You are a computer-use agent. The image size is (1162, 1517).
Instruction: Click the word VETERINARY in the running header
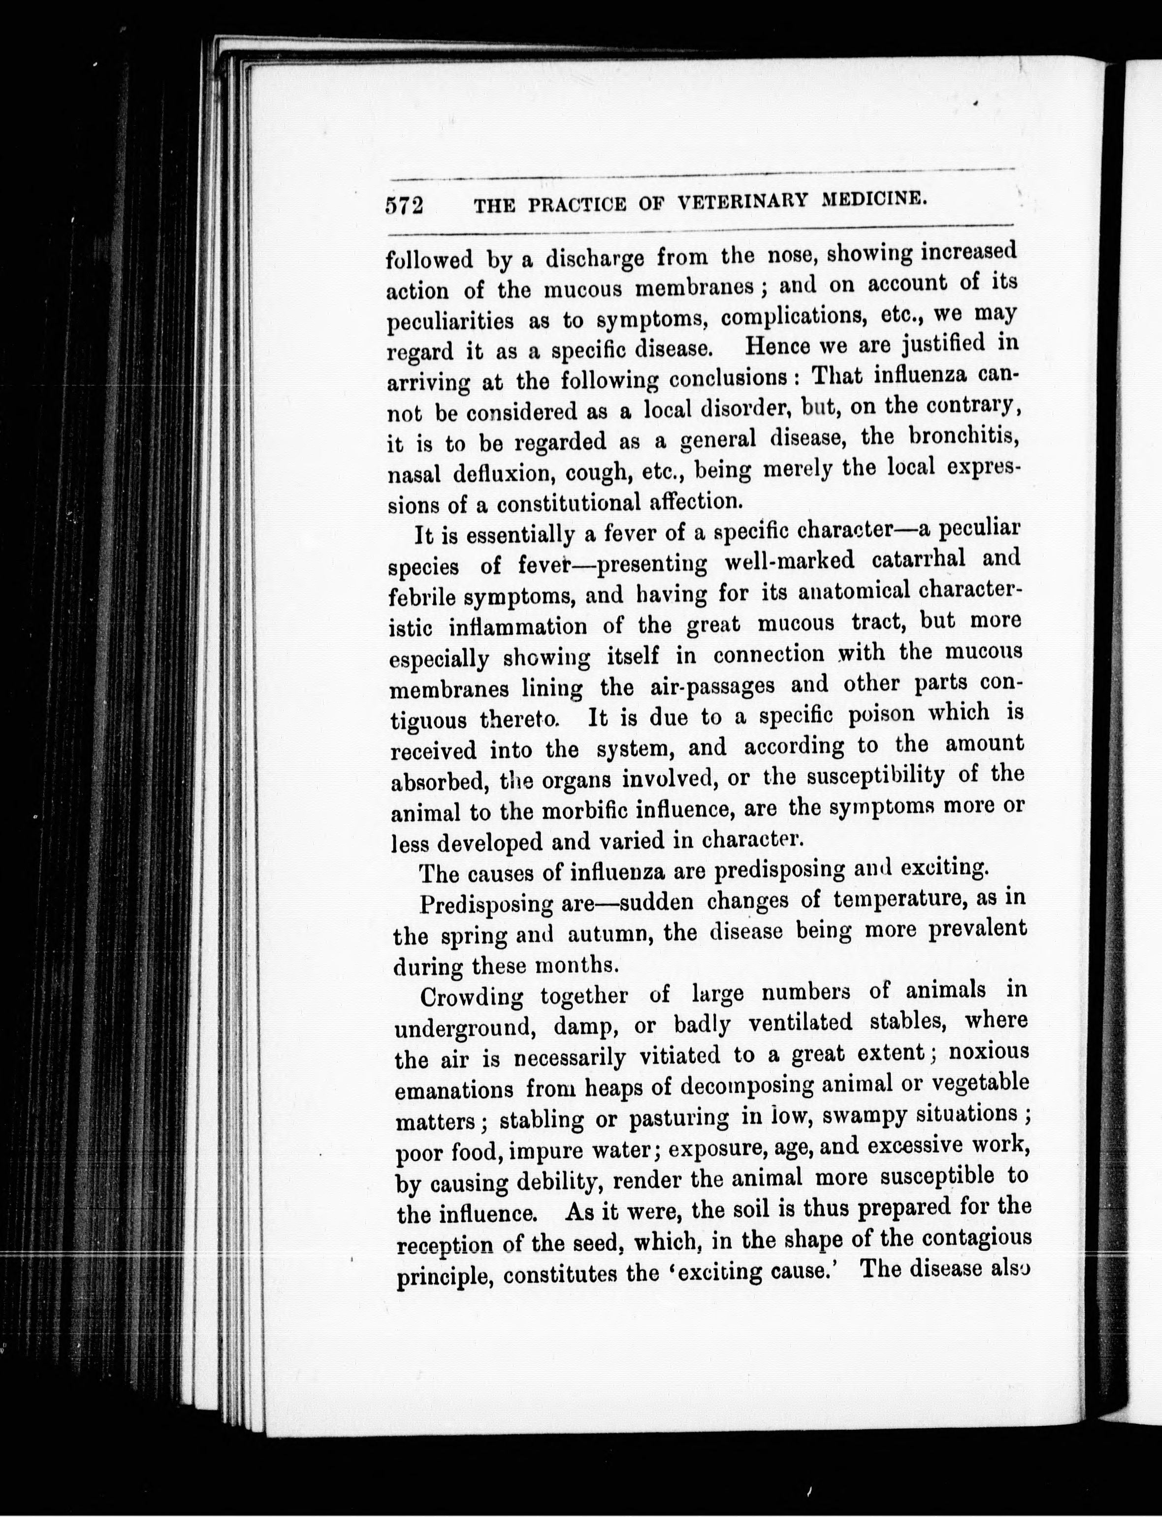742,202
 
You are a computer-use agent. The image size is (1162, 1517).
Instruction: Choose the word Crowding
471,997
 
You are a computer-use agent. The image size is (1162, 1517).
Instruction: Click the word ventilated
804,1022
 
